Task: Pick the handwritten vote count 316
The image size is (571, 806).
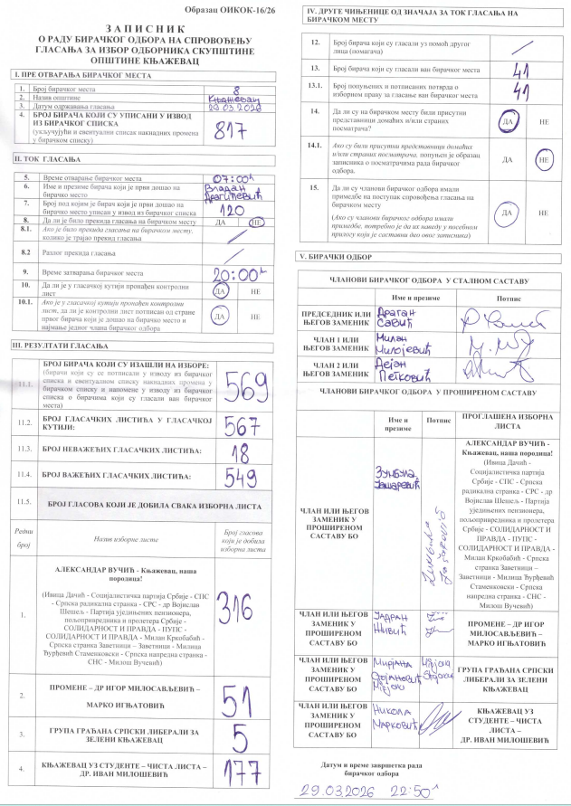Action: (x=234, y=613)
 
